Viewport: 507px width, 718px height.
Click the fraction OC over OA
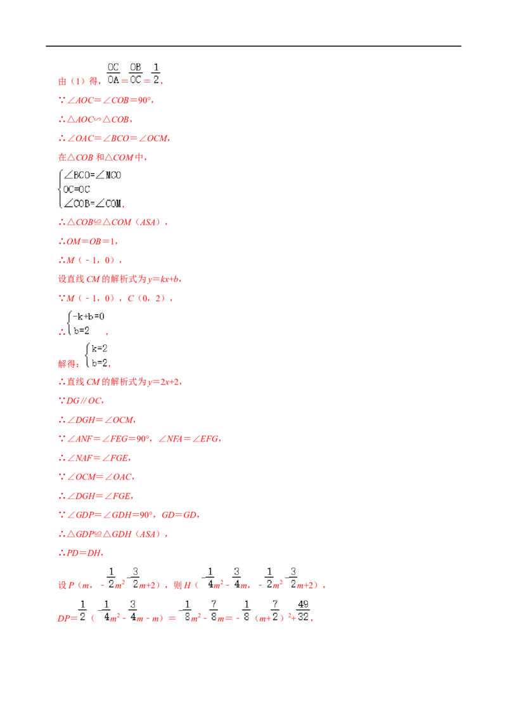pyautogui.click(x=113, y=74)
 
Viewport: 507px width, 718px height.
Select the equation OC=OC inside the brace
pyautogui.click(x=77, y=189)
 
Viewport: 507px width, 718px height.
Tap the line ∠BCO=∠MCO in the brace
pyautogui.click(x=93, y=175)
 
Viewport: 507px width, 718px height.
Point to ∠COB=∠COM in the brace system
pyautogui.click(x=93, y=204)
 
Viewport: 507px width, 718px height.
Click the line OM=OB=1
pyautogui.click(x=88, y=241)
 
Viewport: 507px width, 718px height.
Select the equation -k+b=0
pyautogui.click(x=88, y=317)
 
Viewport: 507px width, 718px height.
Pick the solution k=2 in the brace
pyautogui.click(x=99, y=348)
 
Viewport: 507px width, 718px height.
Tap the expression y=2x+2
pyautogui.click(x=164, y=382)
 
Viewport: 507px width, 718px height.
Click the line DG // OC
pyautogui.click(x=81, y=401)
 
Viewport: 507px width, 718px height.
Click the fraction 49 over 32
pyautogui.click(x=303, y=611)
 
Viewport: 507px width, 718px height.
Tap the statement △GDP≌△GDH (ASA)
pyautogui.click(x=113, y=534)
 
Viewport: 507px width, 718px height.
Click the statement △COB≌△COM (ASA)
pyautogui.click(x=113, y=222)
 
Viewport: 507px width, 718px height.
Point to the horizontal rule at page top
pyautogui.click(x=253, y=46)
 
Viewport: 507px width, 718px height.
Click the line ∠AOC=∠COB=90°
pyautogui.click(x=106, y=100)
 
